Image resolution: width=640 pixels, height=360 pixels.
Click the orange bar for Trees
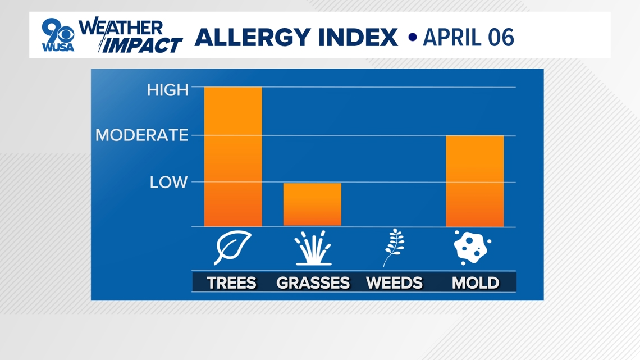(x=233, y=156)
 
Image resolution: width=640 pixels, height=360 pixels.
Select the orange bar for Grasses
(x=312, y=204)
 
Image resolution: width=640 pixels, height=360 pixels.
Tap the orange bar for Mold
(x=475, y=181)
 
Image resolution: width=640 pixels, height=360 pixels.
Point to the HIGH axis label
(x=168, y=90)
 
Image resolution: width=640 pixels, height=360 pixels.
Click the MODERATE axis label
(x=141, y=135)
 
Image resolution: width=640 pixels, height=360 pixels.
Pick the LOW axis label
(x=168, y=182)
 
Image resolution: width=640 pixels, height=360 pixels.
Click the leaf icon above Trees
(x=232, y=247)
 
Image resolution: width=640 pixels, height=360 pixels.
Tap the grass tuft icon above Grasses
(x=313, y=248)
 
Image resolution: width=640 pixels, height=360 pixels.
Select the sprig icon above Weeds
(x=394, y=248)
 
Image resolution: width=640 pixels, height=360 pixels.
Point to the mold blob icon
(x=472, y=247)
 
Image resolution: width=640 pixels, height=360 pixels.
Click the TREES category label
(x=231, y=282)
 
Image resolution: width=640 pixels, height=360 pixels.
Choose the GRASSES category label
(x=313, y=282)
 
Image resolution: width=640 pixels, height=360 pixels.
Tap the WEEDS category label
(x=394, y=282)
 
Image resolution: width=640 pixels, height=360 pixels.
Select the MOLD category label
(x=476, y=282)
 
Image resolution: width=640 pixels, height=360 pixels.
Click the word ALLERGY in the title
(x=253, y=37)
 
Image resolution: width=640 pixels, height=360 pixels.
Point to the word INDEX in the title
(x=358, y=37)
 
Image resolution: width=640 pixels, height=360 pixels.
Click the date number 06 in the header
(x=501, y=38)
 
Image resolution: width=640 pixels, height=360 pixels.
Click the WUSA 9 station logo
(x=58, y=35)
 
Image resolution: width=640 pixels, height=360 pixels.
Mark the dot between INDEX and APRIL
(x=413, y=37)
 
